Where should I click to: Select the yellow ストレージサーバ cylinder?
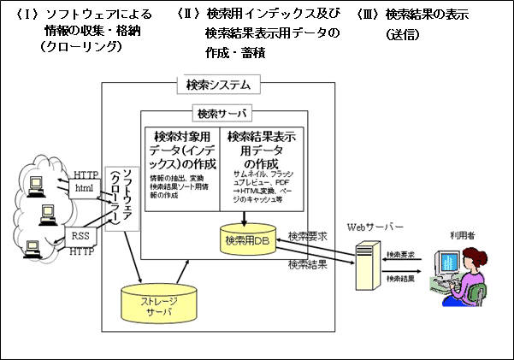click(x=157, y=304)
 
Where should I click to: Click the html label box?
click(x=84, y=188)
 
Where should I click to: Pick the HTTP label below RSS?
click(x=81, y=251)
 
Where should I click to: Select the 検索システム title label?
click(x=218, y=85)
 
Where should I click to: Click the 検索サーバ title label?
click(x=220, y=113)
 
